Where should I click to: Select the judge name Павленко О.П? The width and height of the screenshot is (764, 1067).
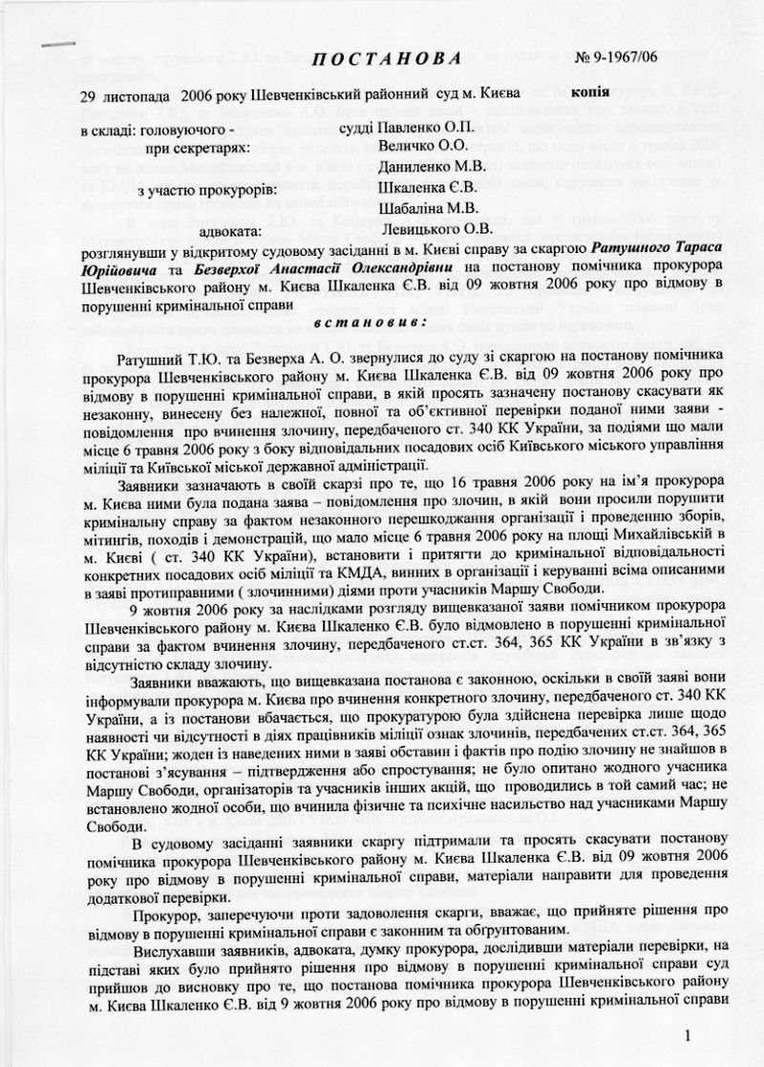click(x=426, y=128)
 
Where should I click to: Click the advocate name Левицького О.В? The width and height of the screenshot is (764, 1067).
click(x=436, y=230)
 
